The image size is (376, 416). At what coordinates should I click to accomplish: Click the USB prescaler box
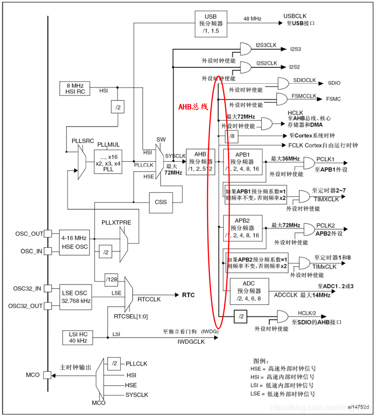point(211,24)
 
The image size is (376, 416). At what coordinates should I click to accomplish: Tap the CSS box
point(161,202)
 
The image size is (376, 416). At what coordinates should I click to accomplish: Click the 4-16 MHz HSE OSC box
point(75,242)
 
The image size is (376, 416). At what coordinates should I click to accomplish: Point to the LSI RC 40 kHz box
point(77,338)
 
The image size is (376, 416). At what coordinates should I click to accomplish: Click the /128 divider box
point(111,279)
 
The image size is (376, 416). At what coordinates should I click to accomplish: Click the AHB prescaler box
point(200,161)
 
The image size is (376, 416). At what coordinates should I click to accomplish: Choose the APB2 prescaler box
point(242,228)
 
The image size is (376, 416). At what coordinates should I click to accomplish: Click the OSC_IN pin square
point(47,251)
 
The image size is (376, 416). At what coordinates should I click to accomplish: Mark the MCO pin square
point(47,375)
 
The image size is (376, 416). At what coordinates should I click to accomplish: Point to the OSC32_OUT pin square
point(47,305)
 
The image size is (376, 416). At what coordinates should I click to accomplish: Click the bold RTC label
point(188,295)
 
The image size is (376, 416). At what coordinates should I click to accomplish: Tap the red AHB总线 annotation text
point(193,106)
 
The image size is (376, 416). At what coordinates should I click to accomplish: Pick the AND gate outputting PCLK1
point(308,163)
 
